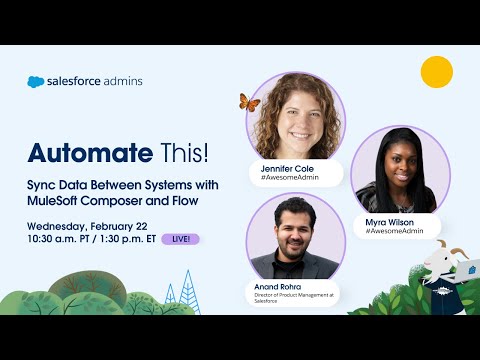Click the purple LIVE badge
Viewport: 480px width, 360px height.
[x=180, y=239]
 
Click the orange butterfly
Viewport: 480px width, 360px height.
[x=249, y=102]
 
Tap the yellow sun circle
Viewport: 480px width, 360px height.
[x=436, y=72]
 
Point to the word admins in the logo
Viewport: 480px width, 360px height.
[x=126, y=82]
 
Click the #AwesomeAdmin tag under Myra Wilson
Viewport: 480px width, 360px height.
[x=394, y=231]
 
